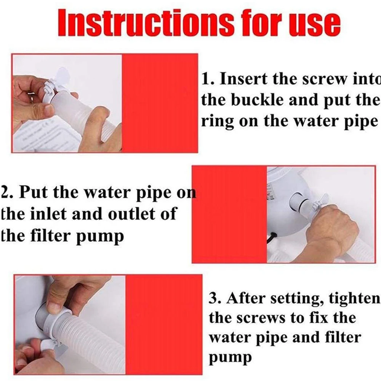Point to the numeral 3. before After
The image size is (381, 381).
coord(215,298)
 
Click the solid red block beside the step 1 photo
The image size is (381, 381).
coord(160,103)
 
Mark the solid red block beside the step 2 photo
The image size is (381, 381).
coord(230,214)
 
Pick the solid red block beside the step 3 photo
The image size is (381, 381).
coord(163,325)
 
